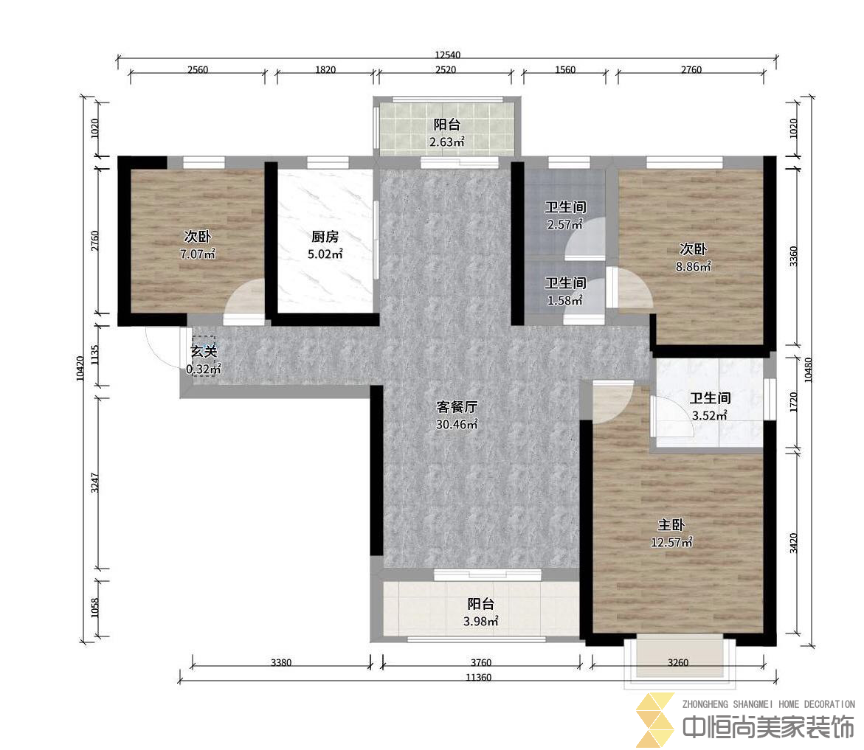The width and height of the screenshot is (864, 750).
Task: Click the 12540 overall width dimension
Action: coord(447,55)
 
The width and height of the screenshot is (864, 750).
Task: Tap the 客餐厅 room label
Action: coord(457,407)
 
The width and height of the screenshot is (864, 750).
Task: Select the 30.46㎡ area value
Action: coord(457,424)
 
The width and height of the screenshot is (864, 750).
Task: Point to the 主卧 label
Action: coord(671,525)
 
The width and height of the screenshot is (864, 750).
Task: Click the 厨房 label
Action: coord(325,237)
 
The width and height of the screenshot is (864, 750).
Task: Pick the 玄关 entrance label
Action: coord(204,351)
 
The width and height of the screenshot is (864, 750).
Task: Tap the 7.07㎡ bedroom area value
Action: coord(197,254)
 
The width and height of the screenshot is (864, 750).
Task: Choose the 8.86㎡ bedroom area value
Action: coord(693,266)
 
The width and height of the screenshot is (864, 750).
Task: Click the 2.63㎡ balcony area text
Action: coord(447,142)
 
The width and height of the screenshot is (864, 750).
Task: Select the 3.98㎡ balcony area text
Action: coord(481,621)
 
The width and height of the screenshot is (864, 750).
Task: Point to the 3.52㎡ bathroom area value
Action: coord(710,415)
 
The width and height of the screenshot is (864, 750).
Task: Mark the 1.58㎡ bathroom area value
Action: coord(564,300)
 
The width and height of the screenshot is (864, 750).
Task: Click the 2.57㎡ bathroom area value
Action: coord(564,224)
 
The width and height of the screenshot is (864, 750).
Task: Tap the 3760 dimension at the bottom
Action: coord(481,662)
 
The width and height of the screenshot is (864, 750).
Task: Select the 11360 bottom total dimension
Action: coord(478,677)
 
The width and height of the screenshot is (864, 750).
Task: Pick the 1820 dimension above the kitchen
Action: coord(325,69)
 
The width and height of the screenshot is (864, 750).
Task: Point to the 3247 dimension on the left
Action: coord(94,482)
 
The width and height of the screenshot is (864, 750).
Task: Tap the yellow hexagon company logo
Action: coord(656,721)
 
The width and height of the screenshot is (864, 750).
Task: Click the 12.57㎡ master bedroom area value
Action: coord(671,542)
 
